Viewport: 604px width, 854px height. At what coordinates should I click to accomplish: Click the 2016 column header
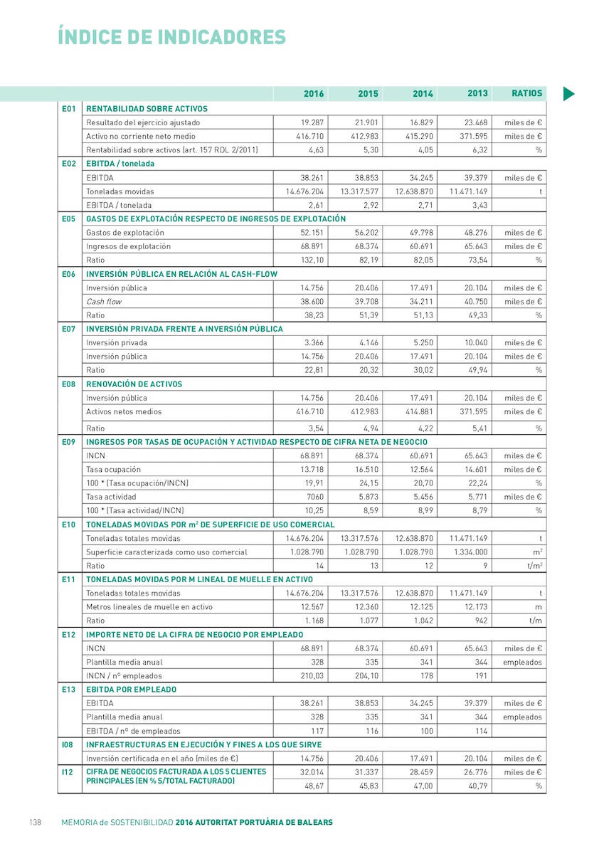[314, 94]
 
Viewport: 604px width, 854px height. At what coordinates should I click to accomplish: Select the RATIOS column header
[527, 93]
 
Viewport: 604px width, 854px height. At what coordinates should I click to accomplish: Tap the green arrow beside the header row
[569, 93]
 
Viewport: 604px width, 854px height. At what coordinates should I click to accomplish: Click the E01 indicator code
[68, 109]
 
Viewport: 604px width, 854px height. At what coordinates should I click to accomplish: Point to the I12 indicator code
[68, 772]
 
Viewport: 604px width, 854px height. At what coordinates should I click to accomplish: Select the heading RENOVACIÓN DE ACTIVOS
[134, 384]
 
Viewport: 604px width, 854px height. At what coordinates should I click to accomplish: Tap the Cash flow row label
[104, 302]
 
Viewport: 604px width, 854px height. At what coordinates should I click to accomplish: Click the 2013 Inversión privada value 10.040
[475, 343]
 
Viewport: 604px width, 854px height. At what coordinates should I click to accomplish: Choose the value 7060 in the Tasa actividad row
[314, 497]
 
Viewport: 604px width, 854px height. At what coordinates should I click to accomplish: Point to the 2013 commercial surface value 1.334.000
[469, 552]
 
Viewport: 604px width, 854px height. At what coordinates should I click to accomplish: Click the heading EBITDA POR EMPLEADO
[132, 690]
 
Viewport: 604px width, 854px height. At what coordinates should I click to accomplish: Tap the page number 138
[35, 822]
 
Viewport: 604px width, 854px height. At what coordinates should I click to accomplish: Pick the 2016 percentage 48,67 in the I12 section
[314, 786]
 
